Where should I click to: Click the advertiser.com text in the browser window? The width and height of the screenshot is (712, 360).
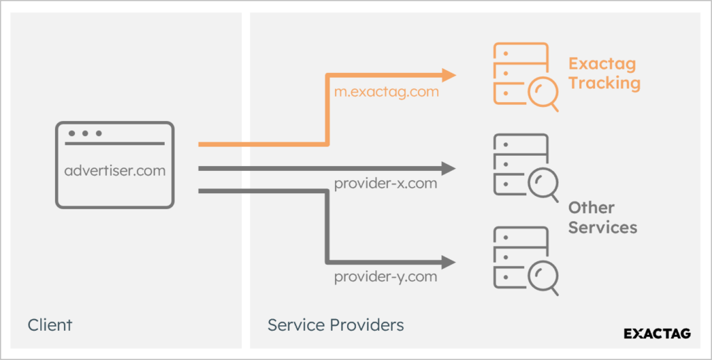115,170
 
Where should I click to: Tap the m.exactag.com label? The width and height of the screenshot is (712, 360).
386,92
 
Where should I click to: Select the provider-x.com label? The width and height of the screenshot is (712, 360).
385,184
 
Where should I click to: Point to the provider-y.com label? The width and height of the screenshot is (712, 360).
385,277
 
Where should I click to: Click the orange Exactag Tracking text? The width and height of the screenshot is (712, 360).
604,74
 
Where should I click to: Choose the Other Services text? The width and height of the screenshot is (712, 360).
602,218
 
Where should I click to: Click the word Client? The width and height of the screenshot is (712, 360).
50,325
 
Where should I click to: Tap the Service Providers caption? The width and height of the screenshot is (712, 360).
336,325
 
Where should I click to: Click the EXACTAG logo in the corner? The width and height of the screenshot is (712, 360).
657,334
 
